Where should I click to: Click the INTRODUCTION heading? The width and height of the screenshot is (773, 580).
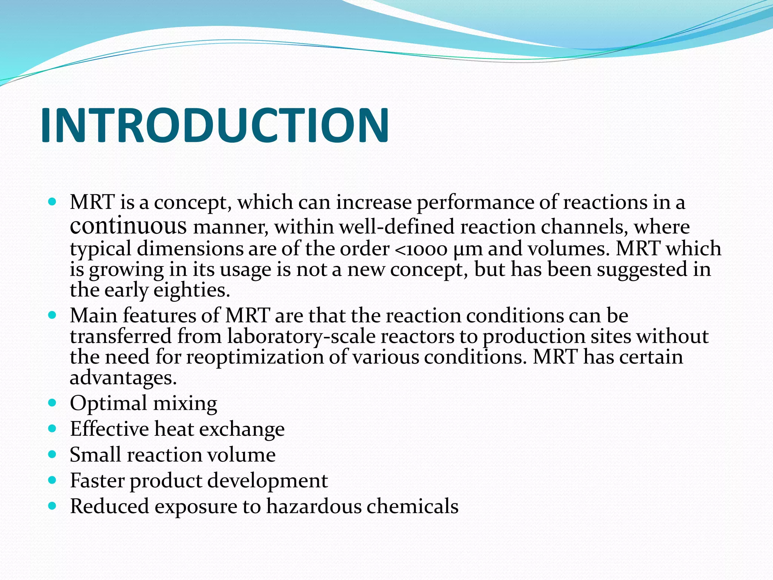tap(214, 125)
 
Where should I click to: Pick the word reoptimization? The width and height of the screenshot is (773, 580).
tap(255, 357)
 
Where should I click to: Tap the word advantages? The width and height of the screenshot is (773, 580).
tap(123, 378)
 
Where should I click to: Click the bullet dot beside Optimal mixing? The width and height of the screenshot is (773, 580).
tap(52, 403)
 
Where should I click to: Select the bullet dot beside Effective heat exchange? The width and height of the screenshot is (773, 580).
tap(52, 429)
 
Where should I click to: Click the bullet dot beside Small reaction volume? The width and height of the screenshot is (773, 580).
tap(52, 454)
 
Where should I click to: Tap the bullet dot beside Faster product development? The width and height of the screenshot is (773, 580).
tap(52, 480)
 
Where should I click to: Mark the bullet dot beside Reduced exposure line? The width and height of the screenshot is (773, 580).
tap(52, 506)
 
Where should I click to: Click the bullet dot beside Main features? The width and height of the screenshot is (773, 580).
tap(52, 315)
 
